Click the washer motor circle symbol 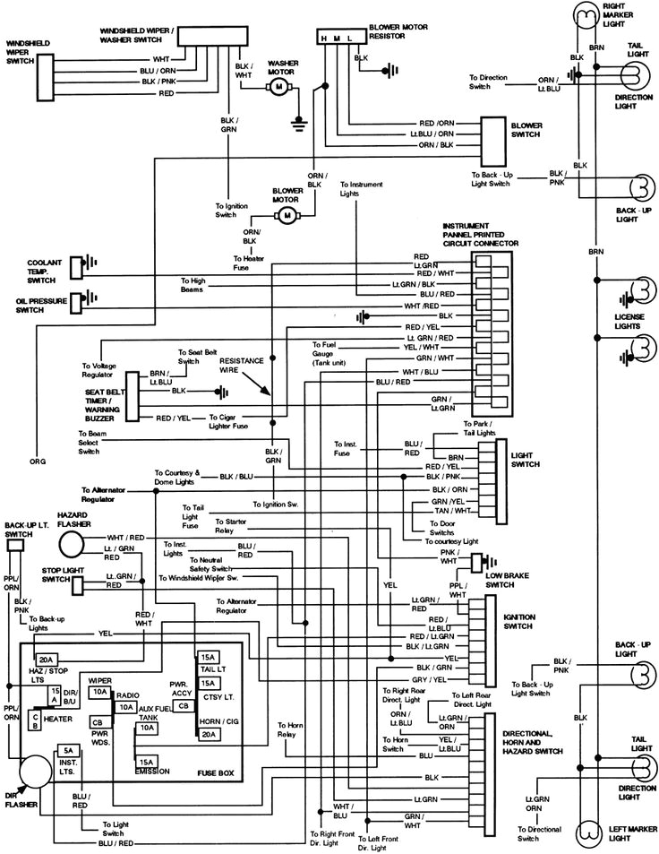(x=278, y=86)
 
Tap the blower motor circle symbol (x=287, y=215)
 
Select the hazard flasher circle (x=72, y=545)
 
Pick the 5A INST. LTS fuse (x=66, y=750)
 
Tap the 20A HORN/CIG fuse (x=208, y=734)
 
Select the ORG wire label (x=38, y=462)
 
